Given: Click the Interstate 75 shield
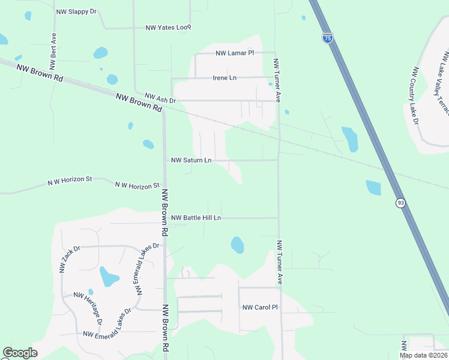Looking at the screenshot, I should click(x=327, y=38).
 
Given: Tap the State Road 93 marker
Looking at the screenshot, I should click(x=400, y=203).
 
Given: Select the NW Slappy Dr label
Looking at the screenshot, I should click(x=76, y=12).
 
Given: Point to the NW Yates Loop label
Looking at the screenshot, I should click(x=168, y=28).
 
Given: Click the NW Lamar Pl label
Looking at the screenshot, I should click(x=235, y=53).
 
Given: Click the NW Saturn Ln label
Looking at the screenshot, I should click(x=191, y=160).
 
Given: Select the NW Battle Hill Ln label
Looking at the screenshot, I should click(x=196, y=218).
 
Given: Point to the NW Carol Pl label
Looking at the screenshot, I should click(x=260, y=307).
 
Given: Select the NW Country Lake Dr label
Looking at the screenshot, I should click(x=414, y=95).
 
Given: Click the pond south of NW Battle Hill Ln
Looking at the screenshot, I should click(x=238, y=245).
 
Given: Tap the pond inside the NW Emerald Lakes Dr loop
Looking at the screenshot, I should click(x=109, y=277).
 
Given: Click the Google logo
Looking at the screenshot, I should click(x=20, y=353).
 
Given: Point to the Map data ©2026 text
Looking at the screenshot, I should click(x=423, y=355).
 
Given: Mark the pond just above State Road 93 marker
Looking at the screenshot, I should click(x=373, y=188).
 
